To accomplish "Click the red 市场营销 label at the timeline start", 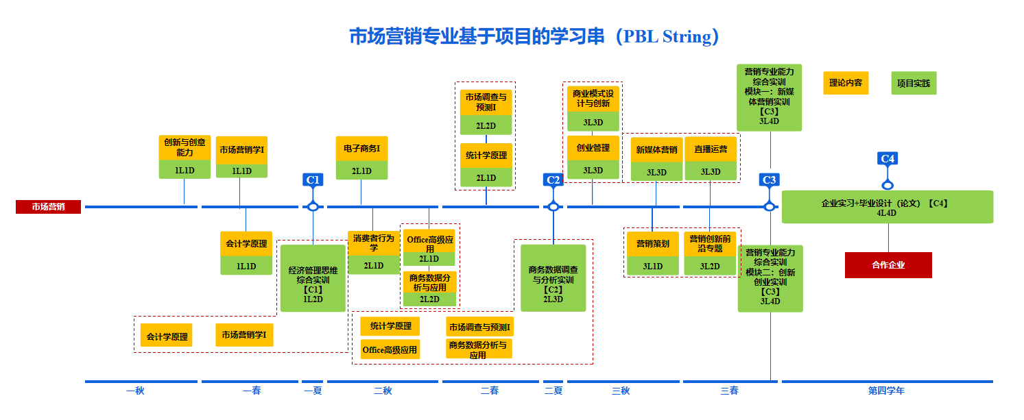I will tap(48, 207).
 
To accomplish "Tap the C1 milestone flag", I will tap(313, 180).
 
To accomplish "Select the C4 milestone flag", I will tap(887, 159).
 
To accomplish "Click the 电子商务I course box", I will tap(361, 158).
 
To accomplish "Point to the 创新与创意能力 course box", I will tap(184, 156).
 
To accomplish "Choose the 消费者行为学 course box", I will tap(374, 252).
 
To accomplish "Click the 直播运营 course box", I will tap(710, 159).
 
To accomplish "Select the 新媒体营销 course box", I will tap(656, 159).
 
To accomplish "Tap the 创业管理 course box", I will tap(593, 157).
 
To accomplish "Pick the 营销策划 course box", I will tap(652, 253).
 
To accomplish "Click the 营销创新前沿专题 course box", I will tap(710, 253).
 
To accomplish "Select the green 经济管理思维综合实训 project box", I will tap(313, 278).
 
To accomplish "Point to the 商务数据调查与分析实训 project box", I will tap(553, 278).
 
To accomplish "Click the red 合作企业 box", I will tap(888, 265).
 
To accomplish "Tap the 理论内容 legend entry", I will tap(846, 83).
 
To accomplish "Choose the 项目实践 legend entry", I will tap(914, 84).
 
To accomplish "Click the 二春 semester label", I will tap(490, 391).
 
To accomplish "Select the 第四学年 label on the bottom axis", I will tap(886, 391).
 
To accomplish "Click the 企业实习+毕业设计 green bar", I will tap(887, 207).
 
